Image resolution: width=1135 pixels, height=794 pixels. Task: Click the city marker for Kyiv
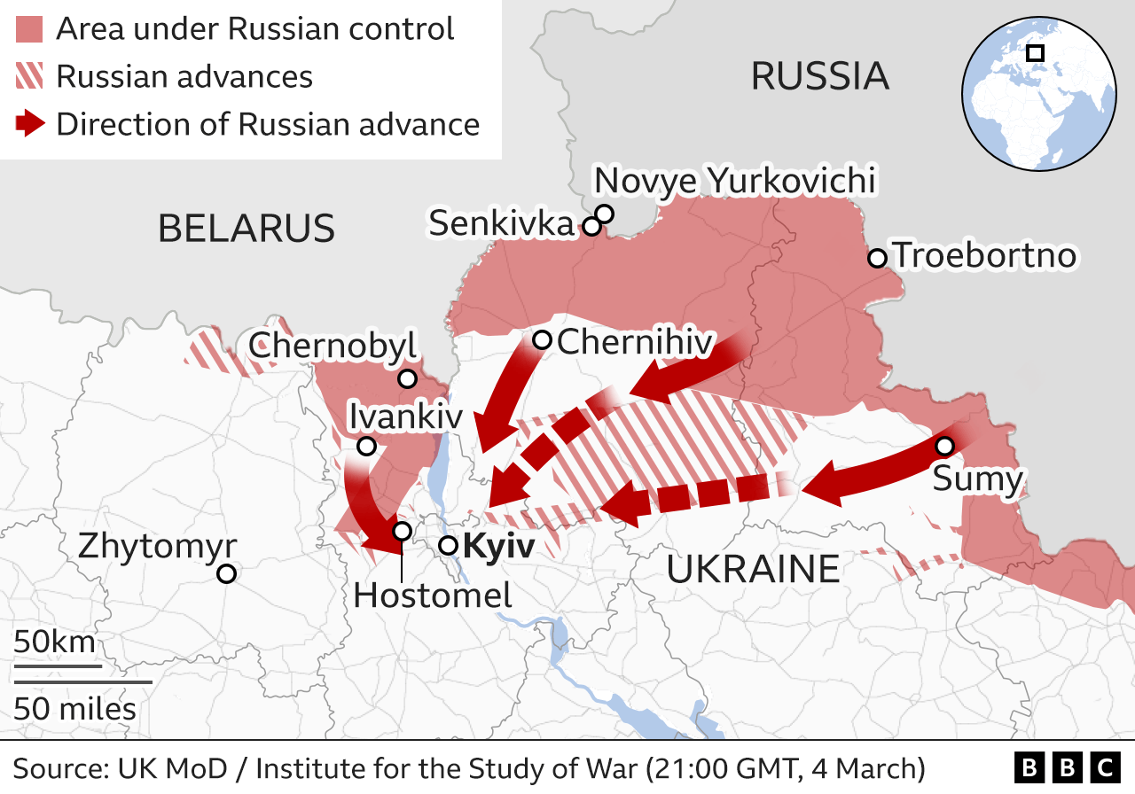[x=449, y=546]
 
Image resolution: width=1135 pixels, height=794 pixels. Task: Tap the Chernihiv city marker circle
[x=542, y=339]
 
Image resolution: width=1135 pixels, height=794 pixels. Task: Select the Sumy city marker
[x=944, y=445]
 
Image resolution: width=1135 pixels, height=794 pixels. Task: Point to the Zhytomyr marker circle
[x=226, y=573]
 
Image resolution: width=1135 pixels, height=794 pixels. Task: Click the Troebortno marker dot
[x=877, y=258]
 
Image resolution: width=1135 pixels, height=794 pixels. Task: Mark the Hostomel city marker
[x=402, y=531]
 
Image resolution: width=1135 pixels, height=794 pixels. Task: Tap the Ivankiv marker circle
[x=365, y=446]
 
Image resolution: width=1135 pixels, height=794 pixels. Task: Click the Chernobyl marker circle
[x=407, y=379]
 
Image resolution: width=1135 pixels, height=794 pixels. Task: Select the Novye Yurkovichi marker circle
[x=605, y=214]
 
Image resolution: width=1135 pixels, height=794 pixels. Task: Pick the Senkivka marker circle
[x=591, y=227]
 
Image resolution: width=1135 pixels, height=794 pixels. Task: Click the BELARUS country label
[x=247, y=228]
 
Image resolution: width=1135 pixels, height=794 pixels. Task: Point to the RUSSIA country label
[x=819, y=76]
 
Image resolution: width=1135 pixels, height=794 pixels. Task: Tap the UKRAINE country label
[x=753, y=568]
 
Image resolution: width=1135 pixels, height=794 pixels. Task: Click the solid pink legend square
[x=29, y=29]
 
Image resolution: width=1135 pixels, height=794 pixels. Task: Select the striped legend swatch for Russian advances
[x=29, y=77]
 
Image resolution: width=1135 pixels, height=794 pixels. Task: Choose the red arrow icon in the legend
[x=29, y=124]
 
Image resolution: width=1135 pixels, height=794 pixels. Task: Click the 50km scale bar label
[x=54, y=642]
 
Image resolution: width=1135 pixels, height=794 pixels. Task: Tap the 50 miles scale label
[x=74, y=708]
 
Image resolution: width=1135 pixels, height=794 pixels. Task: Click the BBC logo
[x=1067, y=767]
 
